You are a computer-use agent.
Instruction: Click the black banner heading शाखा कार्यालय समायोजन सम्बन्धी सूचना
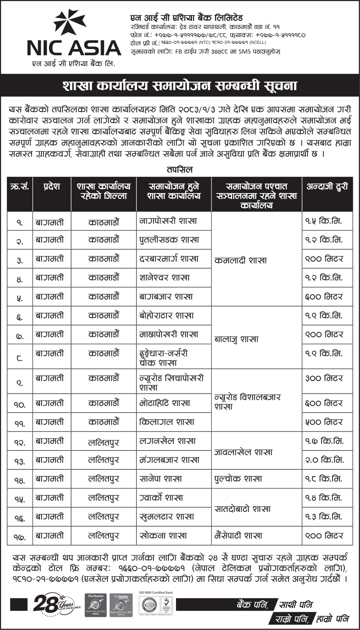pyautogui.click(x=180, y=85)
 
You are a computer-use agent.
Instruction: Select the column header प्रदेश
pyautogui.click(x=52, y=187)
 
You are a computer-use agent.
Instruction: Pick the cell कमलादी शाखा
pyautogui.click(x=240, y=261)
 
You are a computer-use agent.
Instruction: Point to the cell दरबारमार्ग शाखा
pyautogui.click(x=169, y=259)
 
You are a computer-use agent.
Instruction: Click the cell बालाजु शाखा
pyautogui.click(x=236, y=339)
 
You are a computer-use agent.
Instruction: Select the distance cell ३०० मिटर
pyautogui.click(x=324, y=378)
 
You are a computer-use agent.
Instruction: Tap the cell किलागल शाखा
pyautogui.click(x=167, y=422)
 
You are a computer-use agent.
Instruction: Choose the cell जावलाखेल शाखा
pyautogui.click(x=243, y=452)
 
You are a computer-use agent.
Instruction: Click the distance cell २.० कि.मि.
pyautogui.click(x=324, y=460)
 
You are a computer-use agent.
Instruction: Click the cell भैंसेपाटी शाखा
pyautogui.click(x=238, y=536)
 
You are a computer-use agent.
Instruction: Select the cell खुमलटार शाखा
pyautogui.click(x=167, y=517)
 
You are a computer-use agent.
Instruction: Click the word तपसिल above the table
pyautogui.click(x=179, y=169)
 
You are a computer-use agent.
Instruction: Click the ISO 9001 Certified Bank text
pyautogui.click(x=155, y=593)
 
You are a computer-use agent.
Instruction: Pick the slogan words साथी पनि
pyautogui.click(x=296, y=604)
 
